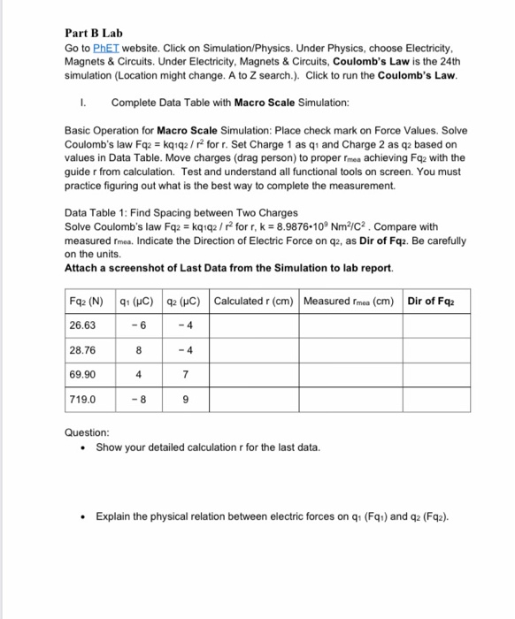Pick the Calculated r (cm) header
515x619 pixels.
click(253, 301)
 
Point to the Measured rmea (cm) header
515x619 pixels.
click(349, 301)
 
